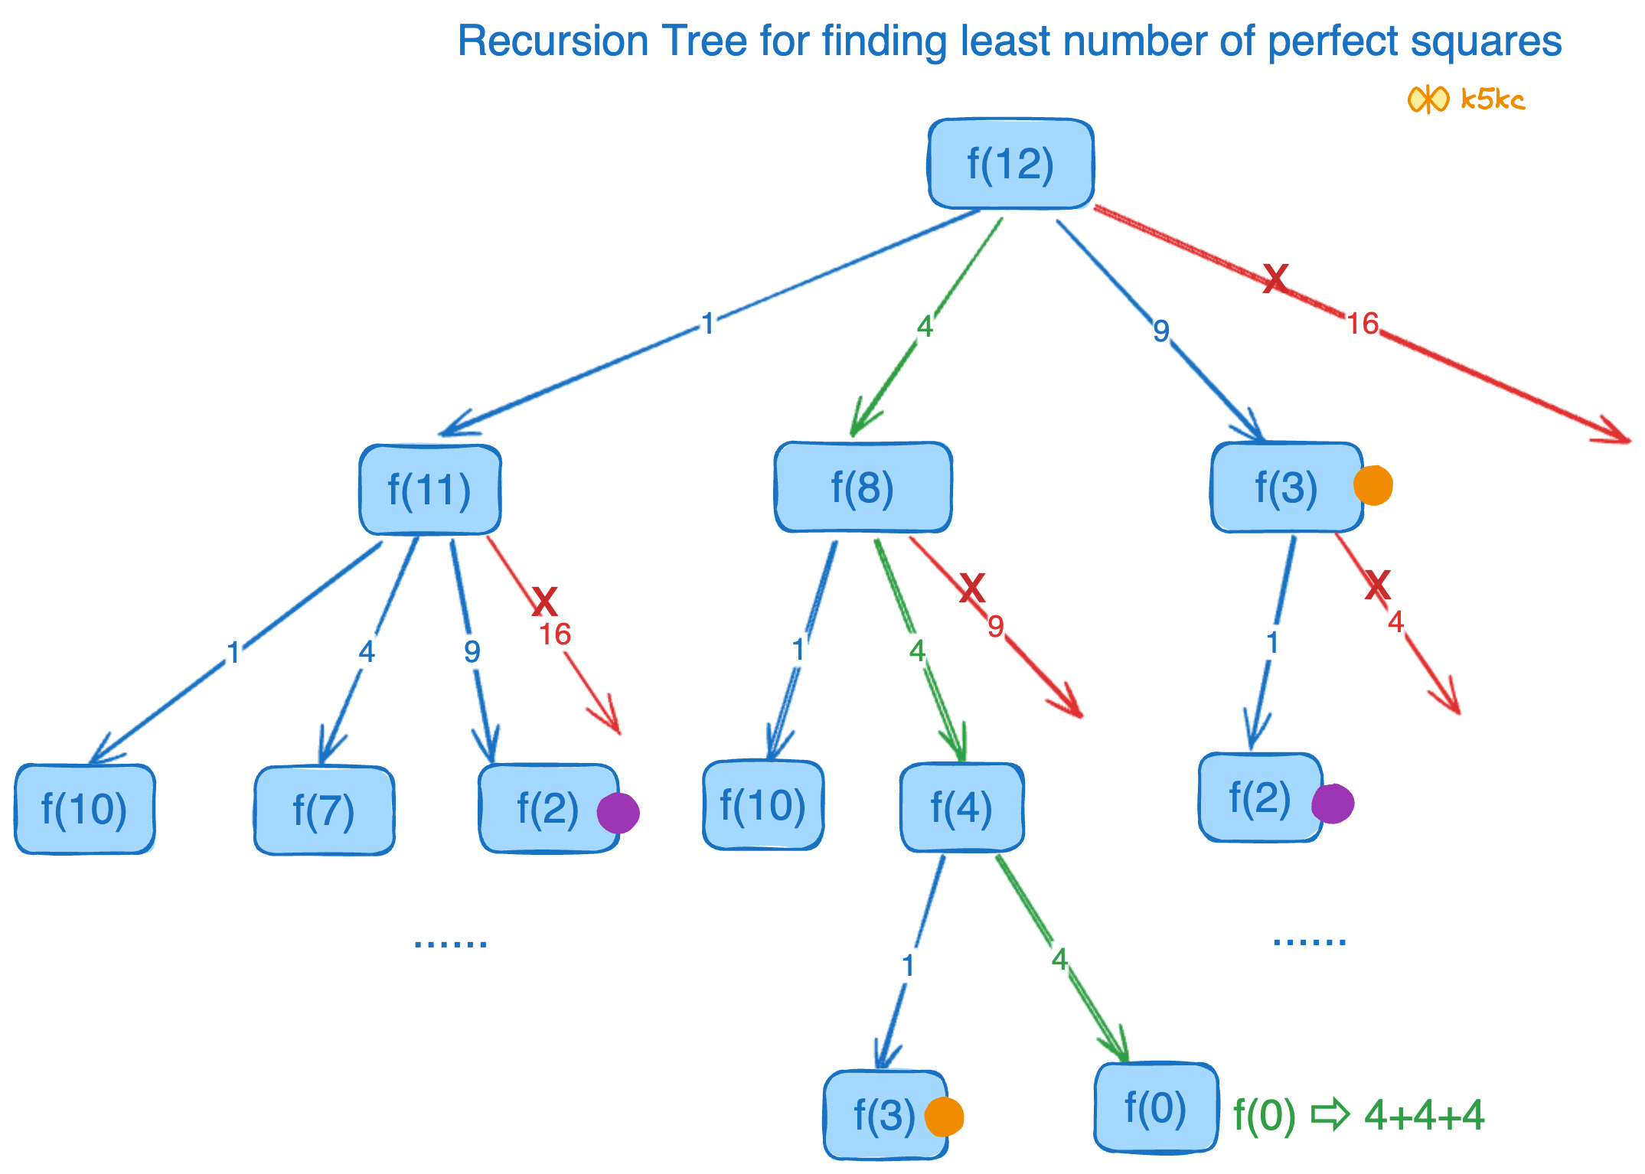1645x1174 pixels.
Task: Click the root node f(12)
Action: click(x=1010, y=164)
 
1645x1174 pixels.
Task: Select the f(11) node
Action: click(x=429, y=490)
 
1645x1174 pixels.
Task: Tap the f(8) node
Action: click(x=863, y=488)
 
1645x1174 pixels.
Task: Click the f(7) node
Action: click(x=324, y=810)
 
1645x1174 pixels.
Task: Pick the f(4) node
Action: click(x=961, y=807)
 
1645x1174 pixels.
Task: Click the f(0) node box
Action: click(x=1155, y=1107)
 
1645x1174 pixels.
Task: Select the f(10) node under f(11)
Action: click(x=84, y=809)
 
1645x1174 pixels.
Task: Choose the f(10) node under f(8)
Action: click(x=762, y=805)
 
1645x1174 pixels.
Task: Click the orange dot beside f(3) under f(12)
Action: click(x=1372, y=486)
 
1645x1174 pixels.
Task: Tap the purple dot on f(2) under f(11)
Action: click(x=618, y=813)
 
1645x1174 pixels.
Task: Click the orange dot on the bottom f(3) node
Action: click(x=944, y=1117)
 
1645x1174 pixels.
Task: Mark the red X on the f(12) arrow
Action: click(x=1275, y=279)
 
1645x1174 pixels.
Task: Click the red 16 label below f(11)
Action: click(x=555, y=634)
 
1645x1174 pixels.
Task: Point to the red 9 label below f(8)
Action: click(x=995, y=627)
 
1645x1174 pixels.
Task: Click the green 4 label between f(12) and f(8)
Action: click(x=925, y=328)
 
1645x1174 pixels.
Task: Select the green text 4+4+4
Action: click(x=1425, y=1115)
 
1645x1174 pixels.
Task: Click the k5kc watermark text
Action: click(x=1493, y=99)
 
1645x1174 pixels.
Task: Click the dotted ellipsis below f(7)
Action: click(x=450, y=943)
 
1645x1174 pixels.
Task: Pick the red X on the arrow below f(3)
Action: click(x=1377, y=586)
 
